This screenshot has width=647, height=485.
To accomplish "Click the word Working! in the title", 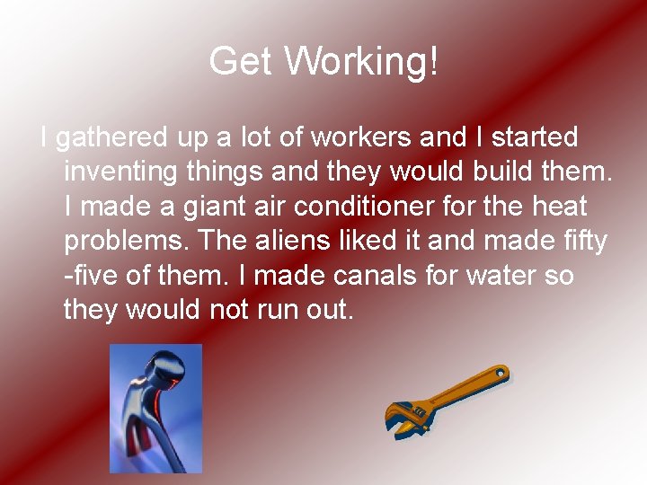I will [362, 61].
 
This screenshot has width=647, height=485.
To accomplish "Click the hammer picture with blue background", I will [155, 408].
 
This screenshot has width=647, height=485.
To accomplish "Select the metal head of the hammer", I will [157, 373].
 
